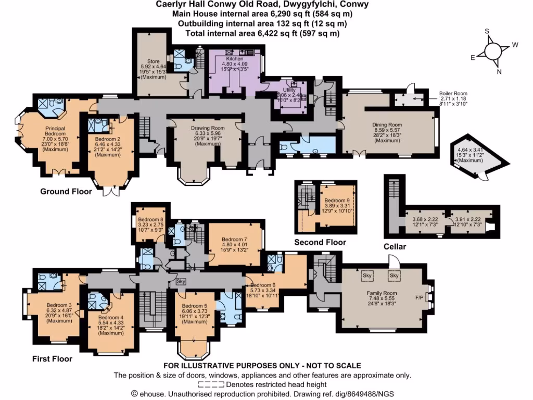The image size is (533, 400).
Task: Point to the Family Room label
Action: coord(382,294)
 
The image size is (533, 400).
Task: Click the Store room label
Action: coord(153,61)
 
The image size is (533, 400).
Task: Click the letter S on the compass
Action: coord(487,31)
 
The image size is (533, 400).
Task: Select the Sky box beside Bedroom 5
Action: coord(181,281)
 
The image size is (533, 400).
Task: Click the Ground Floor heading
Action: coord(66,192)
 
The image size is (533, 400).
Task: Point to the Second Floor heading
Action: coord(320,242)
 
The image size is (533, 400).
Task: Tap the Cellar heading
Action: coord(395,246)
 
